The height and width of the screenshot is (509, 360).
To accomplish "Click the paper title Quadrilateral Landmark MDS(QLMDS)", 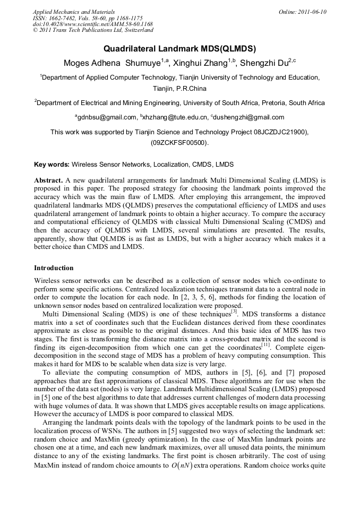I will point(179,49).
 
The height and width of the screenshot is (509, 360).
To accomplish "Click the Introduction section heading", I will point(54,268).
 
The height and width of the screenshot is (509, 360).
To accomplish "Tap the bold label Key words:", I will point(52,165).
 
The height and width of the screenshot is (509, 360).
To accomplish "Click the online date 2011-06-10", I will point(313,12).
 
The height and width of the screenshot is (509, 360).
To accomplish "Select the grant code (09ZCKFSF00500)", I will point(179,143).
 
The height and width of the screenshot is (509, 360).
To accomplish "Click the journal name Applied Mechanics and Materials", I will point(73,12).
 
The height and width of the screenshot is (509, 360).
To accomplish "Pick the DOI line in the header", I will point(93,24).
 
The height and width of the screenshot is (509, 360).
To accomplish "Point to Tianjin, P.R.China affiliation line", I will point(179,88).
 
